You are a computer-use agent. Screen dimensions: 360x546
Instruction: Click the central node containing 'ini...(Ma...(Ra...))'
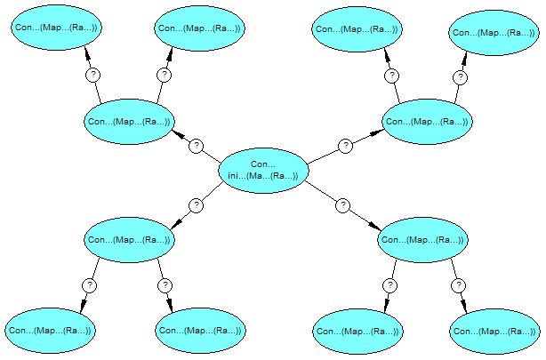(263, 170)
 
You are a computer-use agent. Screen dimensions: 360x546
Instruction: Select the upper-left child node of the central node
(128, 122)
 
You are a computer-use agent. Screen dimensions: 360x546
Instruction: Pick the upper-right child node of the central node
(426, 122)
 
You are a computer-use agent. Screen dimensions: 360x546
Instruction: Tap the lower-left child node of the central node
(128, 240)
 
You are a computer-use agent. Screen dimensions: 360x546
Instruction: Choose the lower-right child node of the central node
(422, 240)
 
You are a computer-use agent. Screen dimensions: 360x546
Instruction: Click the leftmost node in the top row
(55, 28)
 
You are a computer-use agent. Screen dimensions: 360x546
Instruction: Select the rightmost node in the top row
(494, 33)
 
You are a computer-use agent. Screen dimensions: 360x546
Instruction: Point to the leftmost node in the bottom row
(50, 331)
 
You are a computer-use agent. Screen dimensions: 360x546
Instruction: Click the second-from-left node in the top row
(198, 28)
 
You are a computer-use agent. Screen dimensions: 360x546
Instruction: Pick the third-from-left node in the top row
(357, 28)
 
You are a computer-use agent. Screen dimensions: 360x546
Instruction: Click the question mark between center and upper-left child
(197, 146)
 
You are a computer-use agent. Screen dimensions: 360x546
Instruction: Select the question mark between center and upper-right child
(345, 146)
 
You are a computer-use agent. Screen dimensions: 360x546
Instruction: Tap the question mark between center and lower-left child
(197, 205)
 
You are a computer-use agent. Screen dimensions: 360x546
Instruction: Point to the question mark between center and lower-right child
(342, 205)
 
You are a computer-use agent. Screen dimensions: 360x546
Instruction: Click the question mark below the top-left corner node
(92, 76)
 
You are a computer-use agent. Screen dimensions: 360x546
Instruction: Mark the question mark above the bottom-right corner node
(458, 285)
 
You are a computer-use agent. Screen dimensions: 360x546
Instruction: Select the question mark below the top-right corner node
(460, 77)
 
